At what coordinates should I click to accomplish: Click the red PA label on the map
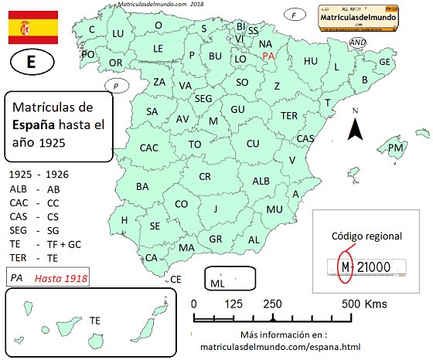point(268,56)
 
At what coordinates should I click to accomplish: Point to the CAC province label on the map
point(149,148)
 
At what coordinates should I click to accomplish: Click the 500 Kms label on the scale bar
point(365,304)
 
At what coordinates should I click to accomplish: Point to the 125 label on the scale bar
point(234,304)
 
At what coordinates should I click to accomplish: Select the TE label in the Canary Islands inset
point(95,319)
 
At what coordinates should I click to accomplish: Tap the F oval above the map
point(294,15)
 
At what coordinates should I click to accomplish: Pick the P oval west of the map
point(115,86)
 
